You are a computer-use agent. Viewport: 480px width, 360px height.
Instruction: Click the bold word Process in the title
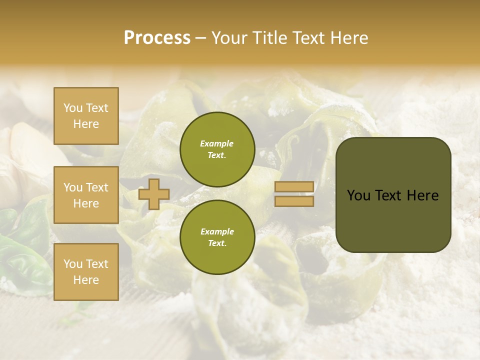(157, 37)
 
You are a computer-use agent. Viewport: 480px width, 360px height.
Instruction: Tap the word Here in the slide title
(348, 37)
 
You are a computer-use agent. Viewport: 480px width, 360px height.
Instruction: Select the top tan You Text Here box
(86, 116)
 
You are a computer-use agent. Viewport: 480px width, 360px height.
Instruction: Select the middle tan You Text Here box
(86, 195)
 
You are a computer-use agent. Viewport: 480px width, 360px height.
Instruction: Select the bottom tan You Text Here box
(86, 272)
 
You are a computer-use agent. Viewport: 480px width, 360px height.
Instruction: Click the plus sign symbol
(153, 194)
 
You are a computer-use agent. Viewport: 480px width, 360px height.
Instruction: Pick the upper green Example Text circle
(217, 149)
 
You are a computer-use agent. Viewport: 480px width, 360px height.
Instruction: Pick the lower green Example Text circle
(217, 237)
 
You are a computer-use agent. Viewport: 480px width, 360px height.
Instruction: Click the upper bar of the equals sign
(294, 187)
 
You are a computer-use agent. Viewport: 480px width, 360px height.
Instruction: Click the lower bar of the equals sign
(294, 201)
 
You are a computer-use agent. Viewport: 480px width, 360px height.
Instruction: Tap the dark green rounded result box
(393, 194)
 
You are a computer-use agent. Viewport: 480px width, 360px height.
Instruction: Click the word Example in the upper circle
(216, 143)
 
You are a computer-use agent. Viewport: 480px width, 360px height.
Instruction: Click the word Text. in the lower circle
(217, 243)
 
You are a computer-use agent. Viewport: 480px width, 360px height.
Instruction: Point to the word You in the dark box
(358, 195)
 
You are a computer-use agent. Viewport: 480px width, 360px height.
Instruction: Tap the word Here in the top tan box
(86, 124)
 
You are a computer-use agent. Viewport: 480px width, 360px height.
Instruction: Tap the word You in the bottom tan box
(73, 264)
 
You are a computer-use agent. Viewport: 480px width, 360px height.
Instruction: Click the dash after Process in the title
(200, 38)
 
